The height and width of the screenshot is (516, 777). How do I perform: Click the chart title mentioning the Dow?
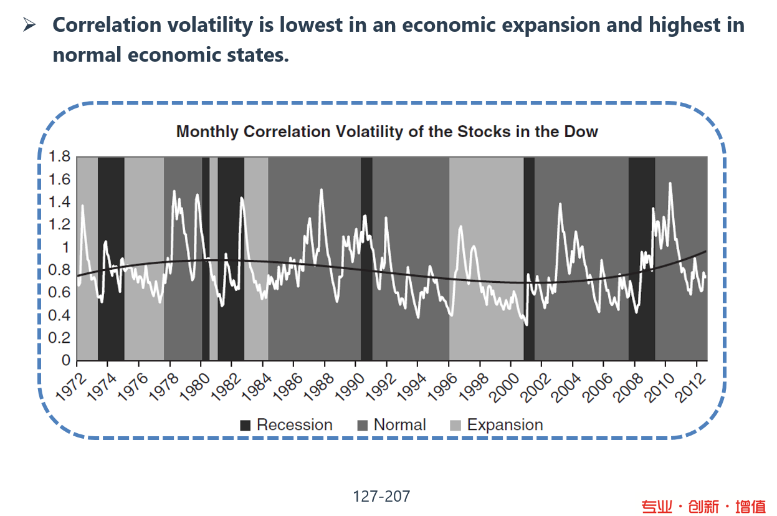387,132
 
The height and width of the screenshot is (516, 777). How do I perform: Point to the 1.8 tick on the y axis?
59,156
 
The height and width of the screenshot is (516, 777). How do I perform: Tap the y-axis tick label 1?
65,247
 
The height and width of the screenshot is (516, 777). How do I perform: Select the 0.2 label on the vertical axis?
59,338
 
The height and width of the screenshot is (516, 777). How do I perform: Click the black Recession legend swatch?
245,426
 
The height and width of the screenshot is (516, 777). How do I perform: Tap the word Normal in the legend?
399,425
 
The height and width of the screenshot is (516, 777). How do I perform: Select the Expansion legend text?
505,425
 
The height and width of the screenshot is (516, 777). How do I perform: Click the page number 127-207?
381,496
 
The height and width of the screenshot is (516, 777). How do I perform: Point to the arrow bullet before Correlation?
30,26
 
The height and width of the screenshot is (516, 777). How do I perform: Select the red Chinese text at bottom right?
703,506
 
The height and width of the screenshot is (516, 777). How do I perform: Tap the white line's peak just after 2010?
670,183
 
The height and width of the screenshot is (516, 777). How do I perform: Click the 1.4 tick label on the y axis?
59,202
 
